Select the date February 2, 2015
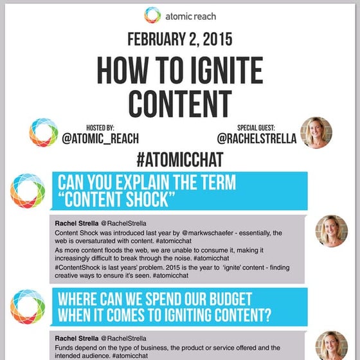pos(179,39)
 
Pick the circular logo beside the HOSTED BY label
pos(44,132)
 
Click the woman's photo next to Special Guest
pos(316,132)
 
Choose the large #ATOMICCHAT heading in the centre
pos(179,159)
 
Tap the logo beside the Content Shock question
pos(27,191)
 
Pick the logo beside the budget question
pos(27,307)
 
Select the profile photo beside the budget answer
pos(332,346)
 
